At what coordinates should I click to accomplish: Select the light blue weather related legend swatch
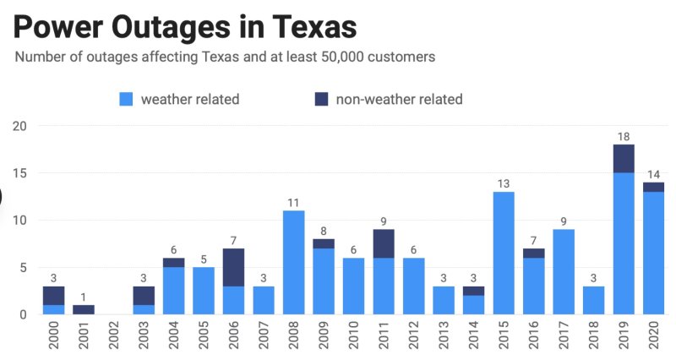[x=127, y=100]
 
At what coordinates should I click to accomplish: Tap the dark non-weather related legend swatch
[x=321, y=100]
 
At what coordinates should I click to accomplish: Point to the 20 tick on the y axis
[x=19, y=126]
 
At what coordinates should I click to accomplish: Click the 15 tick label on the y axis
[x=19, y=173]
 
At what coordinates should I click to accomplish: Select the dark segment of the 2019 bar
[x=624, y=159]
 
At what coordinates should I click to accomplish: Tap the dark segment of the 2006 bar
[x=233, y=267]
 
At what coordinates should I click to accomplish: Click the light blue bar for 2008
[x=293, y=262]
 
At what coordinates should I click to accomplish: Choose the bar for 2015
[x=504, y=254]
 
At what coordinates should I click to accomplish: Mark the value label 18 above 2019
[x=624, y=136]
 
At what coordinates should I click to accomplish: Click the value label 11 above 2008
[x=293, y=202]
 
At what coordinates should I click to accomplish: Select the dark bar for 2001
[x=83, y=309]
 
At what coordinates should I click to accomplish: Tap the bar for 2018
[x=594, y=300]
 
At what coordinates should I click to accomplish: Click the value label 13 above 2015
[x=504, y=183]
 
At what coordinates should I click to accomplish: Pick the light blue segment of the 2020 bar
[x=654, y=254]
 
